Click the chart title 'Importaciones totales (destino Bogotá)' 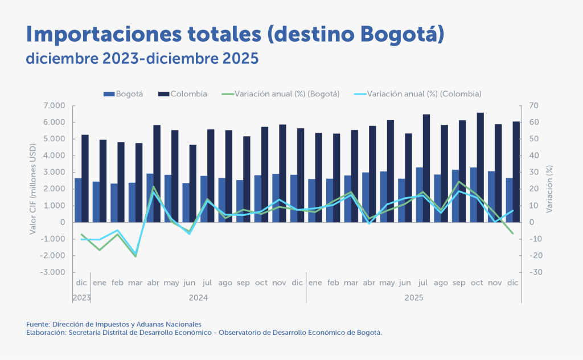(235, 34)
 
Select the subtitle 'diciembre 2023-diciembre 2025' (142, 58)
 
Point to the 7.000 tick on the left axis (56, 106)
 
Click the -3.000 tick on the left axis (55, 272)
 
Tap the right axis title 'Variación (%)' (549, 189)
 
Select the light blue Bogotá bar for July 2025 (420, 194)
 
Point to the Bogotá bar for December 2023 (78, 200)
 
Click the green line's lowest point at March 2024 (136, 256)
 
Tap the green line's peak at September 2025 (459, 182)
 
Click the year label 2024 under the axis (198, 297)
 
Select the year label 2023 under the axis (81, 297)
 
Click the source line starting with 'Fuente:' (113, 324)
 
